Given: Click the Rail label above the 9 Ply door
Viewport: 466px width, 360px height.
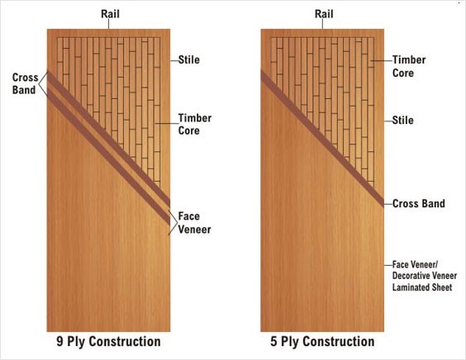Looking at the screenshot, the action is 110,14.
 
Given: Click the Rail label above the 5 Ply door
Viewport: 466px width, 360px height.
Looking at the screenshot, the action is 324,14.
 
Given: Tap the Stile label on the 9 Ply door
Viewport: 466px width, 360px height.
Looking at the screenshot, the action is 189,59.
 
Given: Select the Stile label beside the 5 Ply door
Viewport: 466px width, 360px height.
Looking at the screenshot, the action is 402,121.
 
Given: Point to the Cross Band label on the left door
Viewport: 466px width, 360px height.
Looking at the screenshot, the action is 26,83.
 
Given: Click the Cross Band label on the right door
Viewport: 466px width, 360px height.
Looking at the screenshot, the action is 419,203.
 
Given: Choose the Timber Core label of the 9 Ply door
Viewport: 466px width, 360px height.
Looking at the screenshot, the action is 195,124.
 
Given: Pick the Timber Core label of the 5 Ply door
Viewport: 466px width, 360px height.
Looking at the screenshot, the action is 409,66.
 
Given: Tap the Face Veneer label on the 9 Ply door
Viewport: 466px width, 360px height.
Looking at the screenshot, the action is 194,223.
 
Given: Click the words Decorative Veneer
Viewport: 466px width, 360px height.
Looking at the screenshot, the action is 425,276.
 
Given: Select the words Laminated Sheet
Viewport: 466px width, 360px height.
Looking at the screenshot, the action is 422,287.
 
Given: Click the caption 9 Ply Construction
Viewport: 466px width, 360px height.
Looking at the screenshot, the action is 108,342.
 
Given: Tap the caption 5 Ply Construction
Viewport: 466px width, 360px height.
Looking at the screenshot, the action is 322,342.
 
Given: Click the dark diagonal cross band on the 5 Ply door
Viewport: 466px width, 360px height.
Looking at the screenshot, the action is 322,138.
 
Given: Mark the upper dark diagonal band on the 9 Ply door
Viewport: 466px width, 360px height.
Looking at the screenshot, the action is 108,139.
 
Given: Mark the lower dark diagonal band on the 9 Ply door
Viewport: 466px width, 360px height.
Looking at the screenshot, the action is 108,157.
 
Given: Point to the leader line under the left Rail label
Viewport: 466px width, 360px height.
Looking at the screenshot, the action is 108,24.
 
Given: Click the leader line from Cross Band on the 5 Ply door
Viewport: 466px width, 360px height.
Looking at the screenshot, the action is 388,204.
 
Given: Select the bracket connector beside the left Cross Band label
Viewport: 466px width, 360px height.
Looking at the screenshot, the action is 43,84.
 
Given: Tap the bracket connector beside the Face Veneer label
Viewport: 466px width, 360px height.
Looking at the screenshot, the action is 173,223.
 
